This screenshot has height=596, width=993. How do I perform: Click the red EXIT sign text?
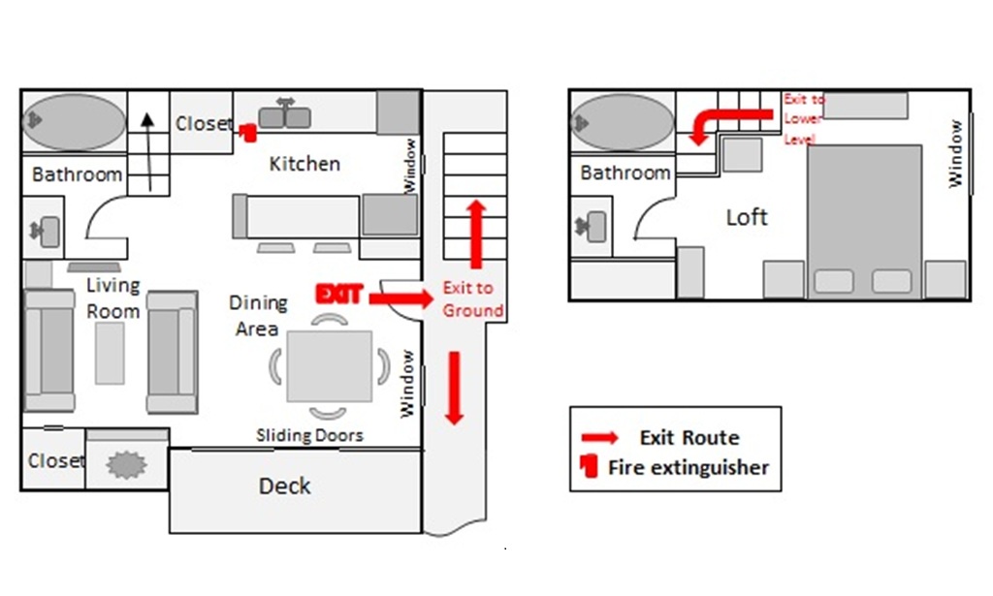(x=338, y=295)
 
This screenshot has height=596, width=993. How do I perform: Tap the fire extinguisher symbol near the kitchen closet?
(x=248, y=132)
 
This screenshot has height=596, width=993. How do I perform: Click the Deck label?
(x=285, y=486)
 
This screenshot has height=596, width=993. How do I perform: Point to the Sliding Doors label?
(x=309, y=435)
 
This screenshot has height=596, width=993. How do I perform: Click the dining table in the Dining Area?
(x=330, y=366)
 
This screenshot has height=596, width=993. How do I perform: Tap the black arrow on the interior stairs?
(x=148, y=152)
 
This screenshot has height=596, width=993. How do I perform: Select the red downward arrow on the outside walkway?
(x=454, y=389)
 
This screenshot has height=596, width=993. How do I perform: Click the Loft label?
(x=747, y=218)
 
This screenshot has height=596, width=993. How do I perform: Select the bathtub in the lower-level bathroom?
(x=74, y=122)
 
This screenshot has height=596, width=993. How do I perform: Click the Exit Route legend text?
(x=689, y=438)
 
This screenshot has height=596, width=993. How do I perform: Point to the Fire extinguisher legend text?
(x=689, y=467)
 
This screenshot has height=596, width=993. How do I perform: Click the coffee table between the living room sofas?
(x=110, y=353)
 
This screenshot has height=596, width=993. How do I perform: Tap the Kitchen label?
(x=304, y=164)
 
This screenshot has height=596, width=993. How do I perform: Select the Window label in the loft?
(x=955, y=154)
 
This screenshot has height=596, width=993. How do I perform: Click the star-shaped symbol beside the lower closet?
(x=127, y=465)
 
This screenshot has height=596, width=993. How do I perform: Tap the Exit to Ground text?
(x=473, y=299)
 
